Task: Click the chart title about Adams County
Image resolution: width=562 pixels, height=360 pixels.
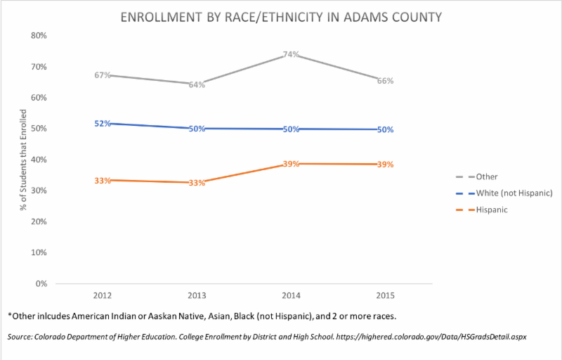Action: pos(280,15)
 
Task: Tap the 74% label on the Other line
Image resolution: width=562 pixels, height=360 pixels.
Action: pos(292,54)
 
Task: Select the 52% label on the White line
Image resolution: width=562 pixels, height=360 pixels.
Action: pos(103,124)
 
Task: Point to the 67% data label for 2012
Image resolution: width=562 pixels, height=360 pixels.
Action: pos(103,75)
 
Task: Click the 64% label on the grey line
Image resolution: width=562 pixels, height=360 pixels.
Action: pos(197,85)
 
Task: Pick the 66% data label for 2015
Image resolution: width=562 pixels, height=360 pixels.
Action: pos(385,81)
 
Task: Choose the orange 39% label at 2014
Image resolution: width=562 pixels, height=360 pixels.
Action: pos(292,164)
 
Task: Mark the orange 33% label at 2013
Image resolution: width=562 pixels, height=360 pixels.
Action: pos(197,184)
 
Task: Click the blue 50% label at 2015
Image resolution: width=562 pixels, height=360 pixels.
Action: pos(385,129)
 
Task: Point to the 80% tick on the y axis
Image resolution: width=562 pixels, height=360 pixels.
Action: pos(37,36)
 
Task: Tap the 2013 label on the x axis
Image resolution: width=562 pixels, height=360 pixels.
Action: pos(197,295)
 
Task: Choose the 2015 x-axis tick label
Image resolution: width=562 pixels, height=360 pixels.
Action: pos(385,295)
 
